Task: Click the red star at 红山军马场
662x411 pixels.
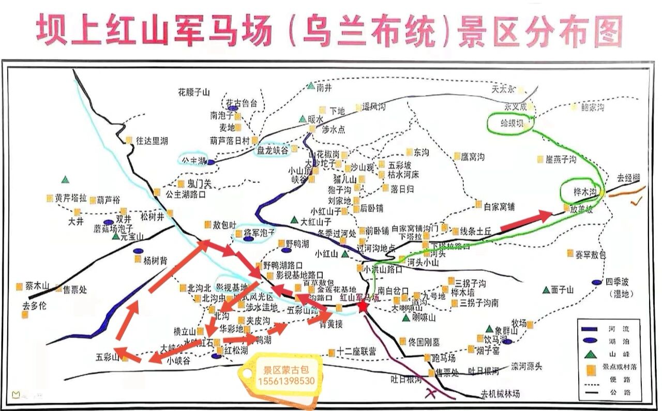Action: [x=363, y=307]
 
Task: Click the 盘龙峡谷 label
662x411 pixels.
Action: [x=273, y=150]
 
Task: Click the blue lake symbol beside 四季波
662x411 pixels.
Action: [x=597, y=282]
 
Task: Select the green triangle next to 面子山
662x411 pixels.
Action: [x=546, y=290]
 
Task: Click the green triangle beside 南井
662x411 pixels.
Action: [x=311, y=86]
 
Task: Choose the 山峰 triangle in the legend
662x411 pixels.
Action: [x=590, y=355]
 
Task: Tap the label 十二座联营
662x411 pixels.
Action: [x=357, y=352]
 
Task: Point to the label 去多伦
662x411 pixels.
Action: [x=34, y=306]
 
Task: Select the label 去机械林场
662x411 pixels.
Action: [x=500, y=394]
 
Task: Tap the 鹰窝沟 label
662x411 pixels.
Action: [x=473, y=157]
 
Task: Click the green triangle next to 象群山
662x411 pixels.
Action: [x=489, y=329]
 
